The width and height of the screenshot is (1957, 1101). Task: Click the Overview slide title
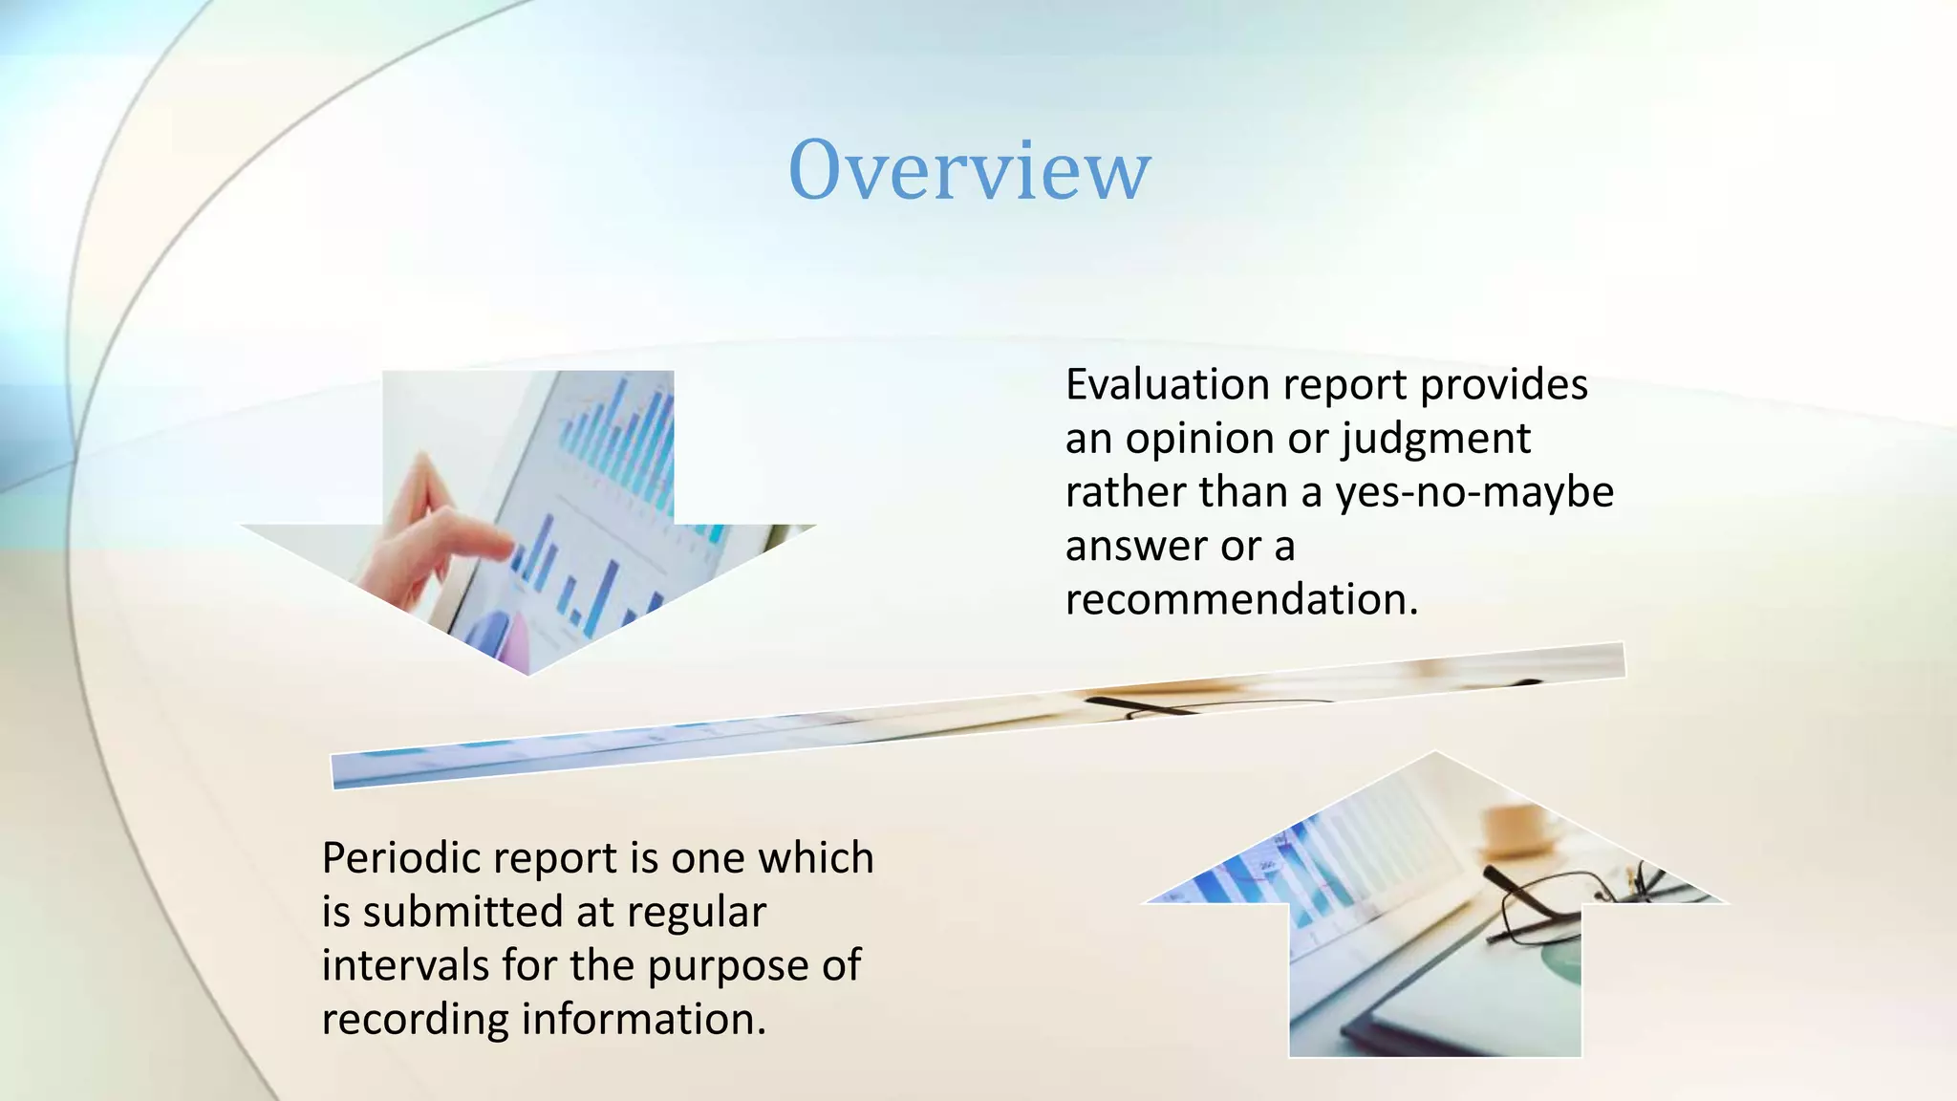[x=969, y=170]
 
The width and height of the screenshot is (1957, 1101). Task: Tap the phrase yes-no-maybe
[x=1473, y=493]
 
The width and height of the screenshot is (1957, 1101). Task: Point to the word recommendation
[x=1240, y=600]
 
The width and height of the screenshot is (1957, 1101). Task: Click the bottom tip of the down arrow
[x=528, y=672]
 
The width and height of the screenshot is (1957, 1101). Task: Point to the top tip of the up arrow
[x=1434, y=755]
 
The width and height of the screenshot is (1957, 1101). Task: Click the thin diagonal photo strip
[x=975, y=717]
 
